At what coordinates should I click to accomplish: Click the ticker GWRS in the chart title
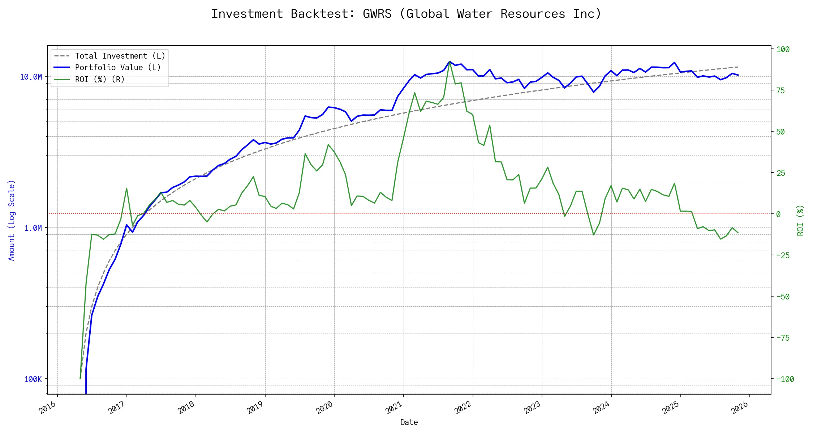click(377, 14)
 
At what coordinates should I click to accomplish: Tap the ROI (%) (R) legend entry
click(100, 80)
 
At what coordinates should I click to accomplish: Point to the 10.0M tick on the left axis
click(31, 77)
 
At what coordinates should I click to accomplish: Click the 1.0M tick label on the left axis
click(33, 228)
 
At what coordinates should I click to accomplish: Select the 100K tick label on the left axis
click(33, 379)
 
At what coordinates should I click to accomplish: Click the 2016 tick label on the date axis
click(48, 408)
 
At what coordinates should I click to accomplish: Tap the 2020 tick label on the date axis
click(325, 408)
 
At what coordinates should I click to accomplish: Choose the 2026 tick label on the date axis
click(740, 408)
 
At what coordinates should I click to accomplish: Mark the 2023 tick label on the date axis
click(533, 408)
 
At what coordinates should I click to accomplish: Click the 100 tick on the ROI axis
click(783, 49)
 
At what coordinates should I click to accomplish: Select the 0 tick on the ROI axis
click(778, 214)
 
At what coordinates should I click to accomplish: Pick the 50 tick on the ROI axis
click(780, 132)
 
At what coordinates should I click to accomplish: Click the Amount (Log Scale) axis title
click(12, 220)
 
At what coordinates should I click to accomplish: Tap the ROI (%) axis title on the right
click(800, 220)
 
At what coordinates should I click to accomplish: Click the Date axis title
click(409, 422)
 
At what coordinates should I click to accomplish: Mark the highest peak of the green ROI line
click(449, 61)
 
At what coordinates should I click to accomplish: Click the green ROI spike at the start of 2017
click(126, 188)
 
